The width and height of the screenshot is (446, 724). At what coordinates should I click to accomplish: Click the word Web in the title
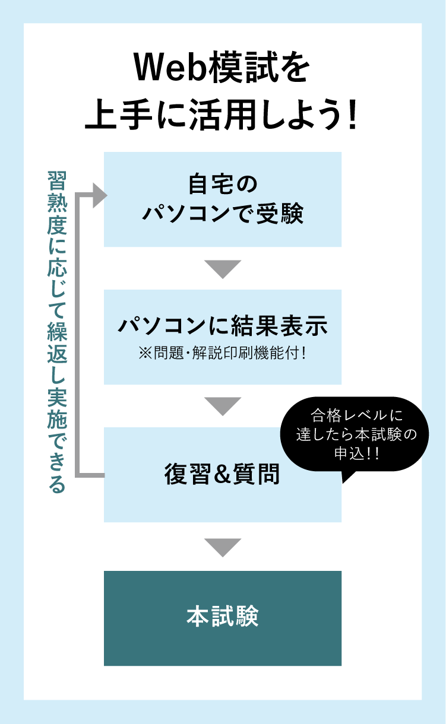click(171, 69)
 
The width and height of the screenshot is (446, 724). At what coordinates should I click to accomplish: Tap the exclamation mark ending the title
click(352, 115)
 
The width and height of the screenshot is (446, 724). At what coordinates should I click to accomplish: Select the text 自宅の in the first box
click(223, 184)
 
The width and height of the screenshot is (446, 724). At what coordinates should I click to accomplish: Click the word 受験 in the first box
click(280, 213)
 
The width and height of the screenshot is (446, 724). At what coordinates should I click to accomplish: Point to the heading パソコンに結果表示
click(223, 325)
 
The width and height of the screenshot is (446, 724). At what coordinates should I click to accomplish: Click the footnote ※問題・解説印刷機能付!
click(223, 353)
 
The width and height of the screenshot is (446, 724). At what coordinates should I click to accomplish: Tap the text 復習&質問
click(222, 474)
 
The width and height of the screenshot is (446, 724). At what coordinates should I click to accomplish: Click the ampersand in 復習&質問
click(222, 475)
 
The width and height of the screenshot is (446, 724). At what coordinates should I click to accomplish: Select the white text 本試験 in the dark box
click(223, 617)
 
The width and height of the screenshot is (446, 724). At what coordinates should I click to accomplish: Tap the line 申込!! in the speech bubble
click(356, 453)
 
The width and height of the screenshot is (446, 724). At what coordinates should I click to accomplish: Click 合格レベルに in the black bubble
click(357, 415)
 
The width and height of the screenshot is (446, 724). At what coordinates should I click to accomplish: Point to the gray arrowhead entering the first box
click(100, 195)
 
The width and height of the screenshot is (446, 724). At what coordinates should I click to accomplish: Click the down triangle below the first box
click(223, 269)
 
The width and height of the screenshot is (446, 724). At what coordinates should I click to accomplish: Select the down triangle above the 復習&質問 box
click(223, 407)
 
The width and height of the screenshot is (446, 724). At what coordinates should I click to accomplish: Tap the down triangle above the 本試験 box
click(223, 548)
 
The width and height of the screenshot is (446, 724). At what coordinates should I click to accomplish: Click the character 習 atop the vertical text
click(57, 181)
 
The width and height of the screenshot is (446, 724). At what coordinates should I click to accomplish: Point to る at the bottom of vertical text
click(57, 484)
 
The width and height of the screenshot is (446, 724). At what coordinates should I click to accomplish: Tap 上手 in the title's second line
click(119, 115)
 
